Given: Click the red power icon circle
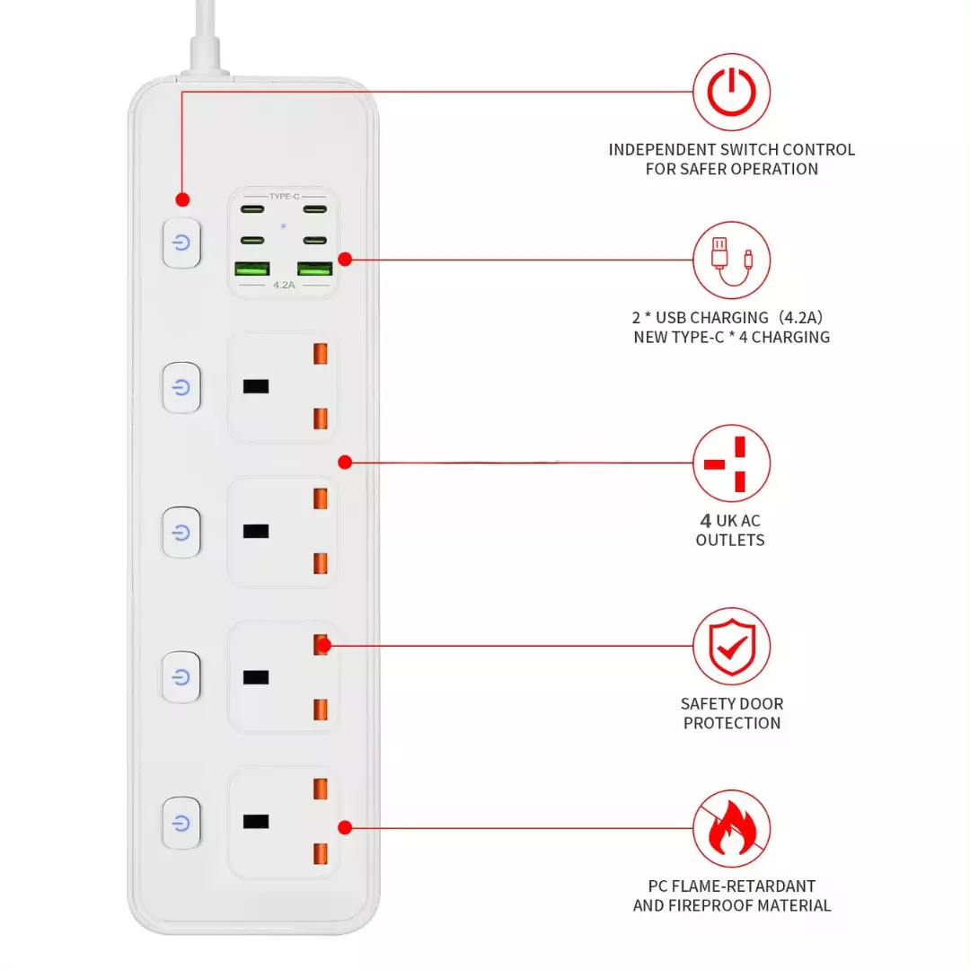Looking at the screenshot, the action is pyautogui.click(x=731, y=93).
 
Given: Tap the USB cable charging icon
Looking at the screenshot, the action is pyautogui.click(x=731, y=260).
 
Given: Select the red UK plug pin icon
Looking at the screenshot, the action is pyautogui.click(x=731, y=463).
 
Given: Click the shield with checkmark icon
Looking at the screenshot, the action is pyautogui.click(x=731, y=647).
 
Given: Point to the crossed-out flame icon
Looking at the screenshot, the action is pyautogui.click(x=731, y=829).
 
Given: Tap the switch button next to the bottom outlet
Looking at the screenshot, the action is pyautogui.click(x=181, y=823).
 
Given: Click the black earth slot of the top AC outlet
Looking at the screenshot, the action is pyautogui.click(x=255, y=386).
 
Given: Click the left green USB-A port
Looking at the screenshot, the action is pyautogui.click(x=251, y=269).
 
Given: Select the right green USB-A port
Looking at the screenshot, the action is pyautogui.click(x=315, y=269).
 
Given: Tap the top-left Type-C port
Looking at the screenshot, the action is pyautogui.click(x=252, y=209).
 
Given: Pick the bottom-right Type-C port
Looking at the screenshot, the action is pyautogui.click(x=315, y=240).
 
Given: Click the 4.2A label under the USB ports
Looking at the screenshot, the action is pyautogui.click(x=284, y=286).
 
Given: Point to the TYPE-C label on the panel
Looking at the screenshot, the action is pyautogui.click(x=284, y=196).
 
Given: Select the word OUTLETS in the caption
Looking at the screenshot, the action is pyautogui.click(x=730, y=540).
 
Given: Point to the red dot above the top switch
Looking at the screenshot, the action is pyautogui.click(x=182, y=199).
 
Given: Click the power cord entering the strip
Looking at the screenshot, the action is pyautogui.click(x=206, y=37).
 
